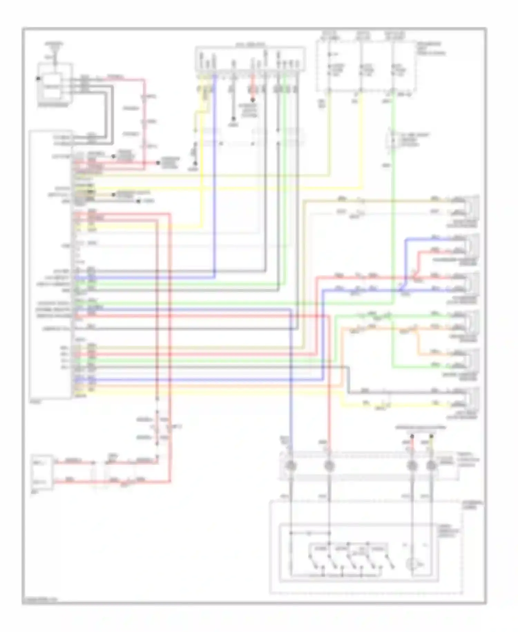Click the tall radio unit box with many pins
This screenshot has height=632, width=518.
pyautogui.click(x=51, y=264)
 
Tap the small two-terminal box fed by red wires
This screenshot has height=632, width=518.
pyautogui.click(x=42, y=472)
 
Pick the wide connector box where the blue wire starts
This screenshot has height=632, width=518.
pyautogui.click(x=250, y=59)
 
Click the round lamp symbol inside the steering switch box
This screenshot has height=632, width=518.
pyautogui.click(x=412, y=565)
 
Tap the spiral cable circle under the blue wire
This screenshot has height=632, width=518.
pyautogui.click(x=291, y=466)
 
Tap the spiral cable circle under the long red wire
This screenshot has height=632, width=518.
pyautogui.click(x=329, y=466)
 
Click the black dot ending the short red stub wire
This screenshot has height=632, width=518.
pyautogui.click(x=253, y=100)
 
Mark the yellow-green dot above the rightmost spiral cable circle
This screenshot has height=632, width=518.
pyautogui.click(x=431, y=437)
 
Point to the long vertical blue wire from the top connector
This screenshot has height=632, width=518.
pyautogui.click(x=214, y=173)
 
